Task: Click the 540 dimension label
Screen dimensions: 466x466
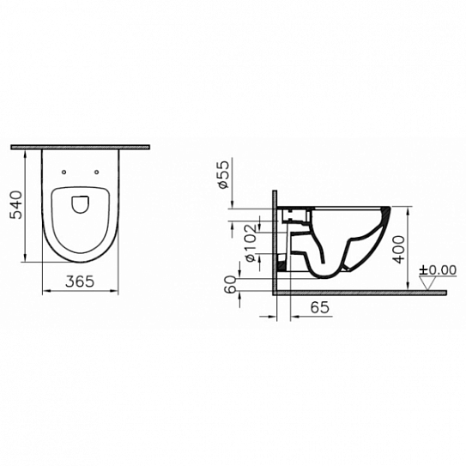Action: (x=16, y=205)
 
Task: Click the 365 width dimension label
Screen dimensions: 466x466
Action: (x=80, y=281)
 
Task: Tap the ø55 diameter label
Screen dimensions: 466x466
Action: (x=224, y=174)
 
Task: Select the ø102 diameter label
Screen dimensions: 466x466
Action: (x=250, y=243)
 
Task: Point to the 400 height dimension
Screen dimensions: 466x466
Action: (x=398, y=249)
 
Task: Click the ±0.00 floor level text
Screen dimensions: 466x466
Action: (x=438, y=270)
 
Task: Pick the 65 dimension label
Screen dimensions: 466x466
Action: (x=320, y=307)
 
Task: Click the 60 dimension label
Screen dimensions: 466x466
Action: (x=231, y=284)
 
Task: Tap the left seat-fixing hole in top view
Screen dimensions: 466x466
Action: (x=64, y=172)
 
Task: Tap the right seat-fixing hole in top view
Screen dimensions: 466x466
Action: (x=97, y=172)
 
